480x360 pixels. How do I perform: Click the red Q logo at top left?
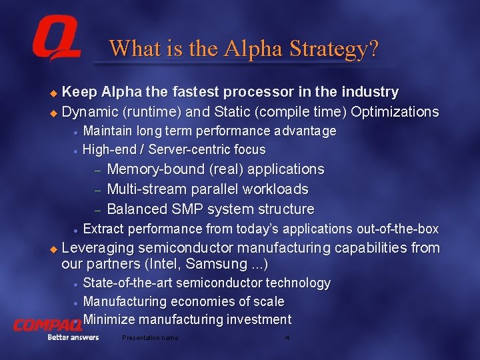click(56, 41)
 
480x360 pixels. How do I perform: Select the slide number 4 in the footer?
click(287, 338)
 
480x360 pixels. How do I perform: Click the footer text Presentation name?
click(150, 338)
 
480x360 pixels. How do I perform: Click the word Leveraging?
click(98, 248)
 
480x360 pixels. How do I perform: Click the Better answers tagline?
click(73, 337)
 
